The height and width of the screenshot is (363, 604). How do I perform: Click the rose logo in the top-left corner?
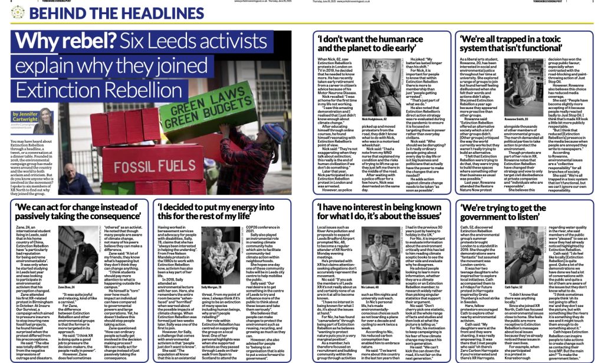[8, 12]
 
